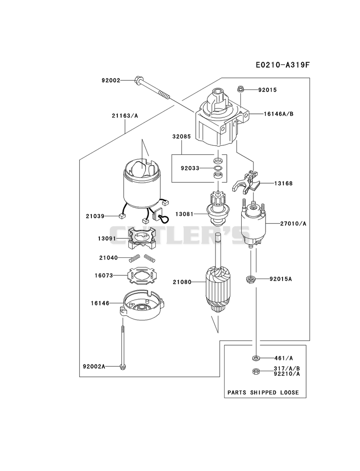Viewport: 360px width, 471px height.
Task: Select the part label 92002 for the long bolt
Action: (x=111, y=80)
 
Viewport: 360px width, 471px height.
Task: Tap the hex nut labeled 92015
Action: (x=240, y=89)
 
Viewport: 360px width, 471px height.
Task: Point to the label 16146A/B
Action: (x=279, y=114)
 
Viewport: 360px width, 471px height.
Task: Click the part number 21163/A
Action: (x=125, y=116)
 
